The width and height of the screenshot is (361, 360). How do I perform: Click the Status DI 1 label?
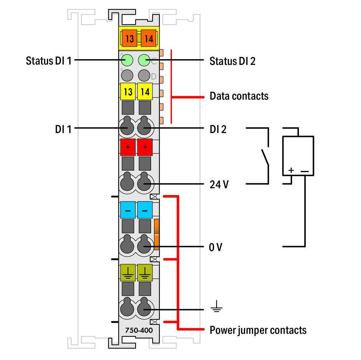click(48, 61)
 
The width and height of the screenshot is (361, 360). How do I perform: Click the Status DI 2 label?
click(232, 61)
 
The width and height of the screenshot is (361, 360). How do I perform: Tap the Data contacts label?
click(239, 96)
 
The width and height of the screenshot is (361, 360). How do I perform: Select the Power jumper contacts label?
click(258, 330)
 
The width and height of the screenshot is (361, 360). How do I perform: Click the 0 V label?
click(215, 247)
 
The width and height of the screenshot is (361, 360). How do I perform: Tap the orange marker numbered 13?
click(129, 38)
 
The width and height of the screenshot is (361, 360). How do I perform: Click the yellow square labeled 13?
click(128, 92)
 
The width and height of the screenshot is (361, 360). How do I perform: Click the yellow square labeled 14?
click(145, 92)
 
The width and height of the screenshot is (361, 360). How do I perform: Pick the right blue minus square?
click(145, 210)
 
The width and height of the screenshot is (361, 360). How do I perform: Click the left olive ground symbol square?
click(128, 273)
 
